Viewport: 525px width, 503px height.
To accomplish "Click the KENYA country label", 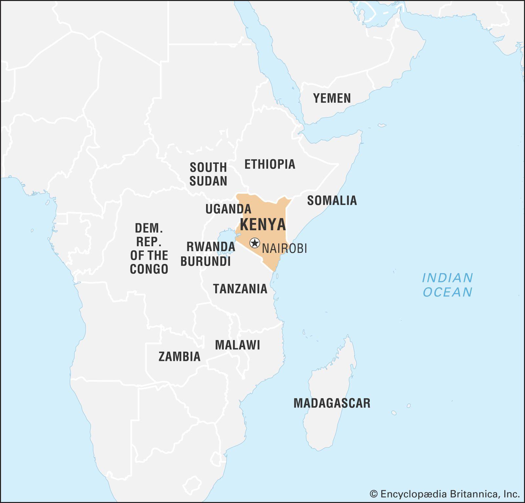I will point(263,225).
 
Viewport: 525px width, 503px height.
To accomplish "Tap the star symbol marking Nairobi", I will point(255,243).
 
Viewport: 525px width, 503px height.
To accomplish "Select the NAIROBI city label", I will point(284,249).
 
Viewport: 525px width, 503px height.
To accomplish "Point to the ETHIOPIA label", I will point(270,164).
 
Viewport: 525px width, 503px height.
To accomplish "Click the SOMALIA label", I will point(332,200).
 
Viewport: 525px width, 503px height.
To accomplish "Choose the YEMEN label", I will point(332,98).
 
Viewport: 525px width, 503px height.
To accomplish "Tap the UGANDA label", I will point(228,209).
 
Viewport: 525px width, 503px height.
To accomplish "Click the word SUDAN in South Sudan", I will point(208,181).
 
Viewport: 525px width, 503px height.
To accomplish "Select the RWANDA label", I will point(211,247).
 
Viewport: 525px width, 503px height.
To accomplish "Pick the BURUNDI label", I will point(206,261).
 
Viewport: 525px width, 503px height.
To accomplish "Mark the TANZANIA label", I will point(240,289).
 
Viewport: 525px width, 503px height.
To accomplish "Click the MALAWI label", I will point(238,345).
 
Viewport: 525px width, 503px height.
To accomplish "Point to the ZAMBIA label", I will point(179,356).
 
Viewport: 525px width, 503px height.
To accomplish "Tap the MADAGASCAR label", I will point(332,403).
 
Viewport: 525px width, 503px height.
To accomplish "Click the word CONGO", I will point(149,269).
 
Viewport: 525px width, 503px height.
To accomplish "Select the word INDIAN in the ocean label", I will point(447,278).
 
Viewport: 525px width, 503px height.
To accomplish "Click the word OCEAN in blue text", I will point(447,292).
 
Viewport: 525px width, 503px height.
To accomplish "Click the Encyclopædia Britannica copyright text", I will point(445,494).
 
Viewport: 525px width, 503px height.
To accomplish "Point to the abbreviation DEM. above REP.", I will point(149,228).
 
